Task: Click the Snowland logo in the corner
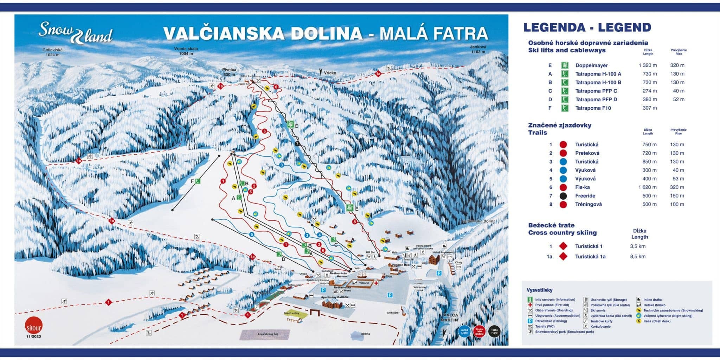(x=76, y=34)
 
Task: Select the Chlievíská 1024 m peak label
(x=52, y=52)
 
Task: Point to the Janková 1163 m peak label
(x=478, y=49)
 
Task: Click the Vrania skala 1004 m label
(x=186, y=51)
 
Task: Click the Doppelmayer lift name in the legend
(x=591, y=65)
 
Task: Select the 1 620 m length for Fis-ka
(x=647, y=187)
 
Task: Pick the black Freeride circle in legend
(x=563, y=196)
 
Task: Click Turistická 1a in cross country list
(x=590, y=257)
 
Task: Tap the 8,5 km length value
(x=637, y=257)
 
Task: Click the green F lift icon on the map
(x=198, y=181)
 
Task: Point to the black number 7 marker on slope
(x=297, y=144)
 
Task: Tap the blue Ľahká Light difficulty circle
(x=464, y=332)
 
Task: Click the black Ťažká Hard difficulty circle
(x=494, y=332)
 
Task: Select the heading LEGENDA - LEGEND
(x=587, y=27)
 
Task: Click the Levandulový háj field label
(x=265, y=334)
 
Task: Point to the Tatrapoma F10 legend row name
(x=593, y=108)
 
